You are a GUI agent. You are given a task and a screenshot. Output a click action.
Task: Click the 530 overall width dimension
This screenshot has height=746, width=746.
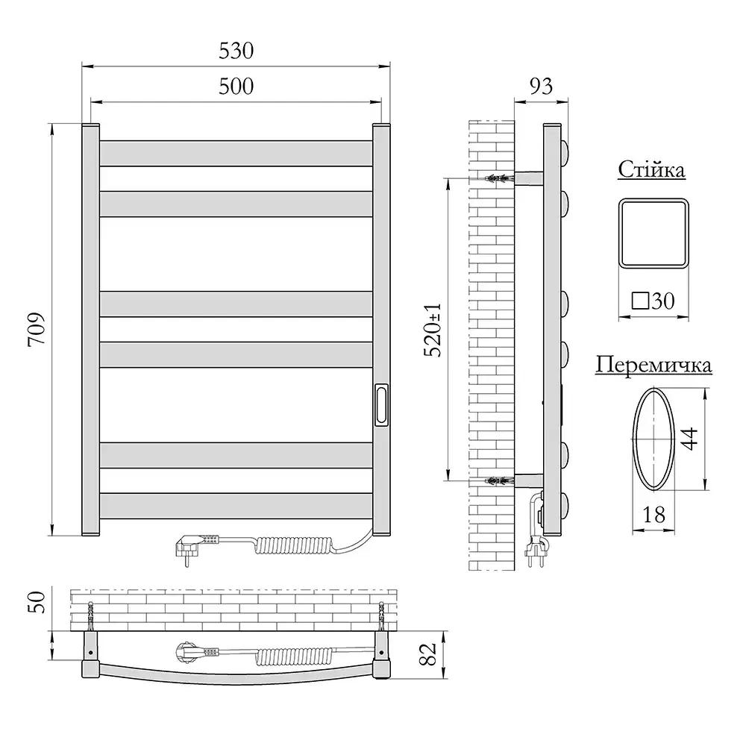click(x=236, y=51)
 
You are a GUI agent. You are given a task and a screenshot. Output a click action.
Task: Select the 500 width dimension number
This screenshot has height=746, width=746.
click(x=236, y=86)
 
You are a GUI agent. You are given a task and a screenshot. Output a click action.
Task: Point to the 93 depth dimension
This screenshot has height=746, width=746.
click(x=541, y=86)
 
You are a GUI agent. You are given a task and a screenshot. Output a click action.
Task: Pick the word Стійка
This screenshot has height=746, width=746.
click(x=651, y=169)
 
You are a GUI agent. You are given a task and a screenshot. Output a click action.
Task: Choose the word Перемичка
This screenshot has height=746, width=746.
click(x=653, y=366)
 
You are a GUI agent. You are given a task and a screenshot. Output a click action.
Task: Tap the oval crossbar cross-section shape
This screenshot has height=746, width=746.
click(x=653, y=439)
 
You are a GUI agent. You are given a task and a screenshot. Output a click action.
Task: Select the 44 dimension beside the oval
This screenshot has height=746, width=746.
click(x=690, y=439)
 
